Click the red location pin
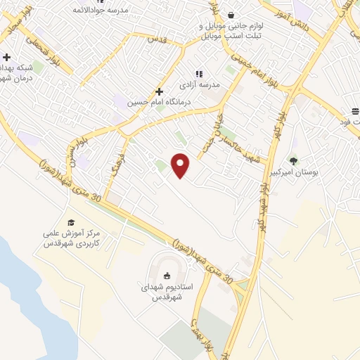pos(181,166)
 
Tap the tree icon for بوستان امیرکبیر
pos(293,160)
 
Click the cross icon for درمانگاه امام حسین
pos(160,91)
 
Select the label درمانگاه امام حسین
pos(148,103)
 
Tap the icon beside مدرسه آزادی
pos(199,73)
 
